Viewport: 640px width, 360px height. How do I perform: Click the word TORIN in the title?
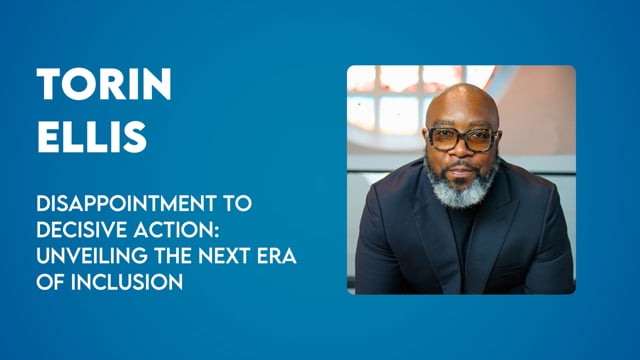tap(104, 84)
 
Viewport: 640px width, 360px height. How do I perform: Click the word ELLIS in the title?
tap(92, 137)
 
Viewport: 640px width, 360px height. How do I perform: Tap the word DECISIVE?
tap(82, 229)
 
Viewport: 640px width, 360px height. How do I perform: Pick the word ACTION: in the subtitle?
tap(176, 229)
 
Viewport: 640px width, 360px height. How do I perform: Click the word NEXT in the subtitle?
tap(224, 256)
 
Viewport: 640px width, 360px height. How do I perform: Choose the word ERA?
tap(276, 256)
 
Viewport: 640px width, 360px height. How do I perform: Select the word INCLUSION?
tap(127, 282)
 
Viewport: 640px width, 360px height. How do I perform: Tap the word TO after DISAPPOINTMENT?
tap(237, 203)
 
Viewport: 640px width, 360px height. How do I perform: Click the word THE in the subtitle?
tap(173, 256)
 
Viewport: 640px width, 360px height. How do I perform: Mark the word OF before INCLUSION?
tap(51, 282)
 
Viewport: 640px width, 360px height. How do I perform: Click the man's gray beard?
tap(461, 186)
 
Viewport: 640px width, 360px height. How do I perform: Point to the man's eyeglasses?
tap(462, 139)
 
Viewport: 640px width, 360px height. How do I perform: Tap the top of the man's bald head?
tap(462, 87)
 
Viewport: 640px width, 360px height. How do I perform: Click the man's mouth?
tap(461, 172)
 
